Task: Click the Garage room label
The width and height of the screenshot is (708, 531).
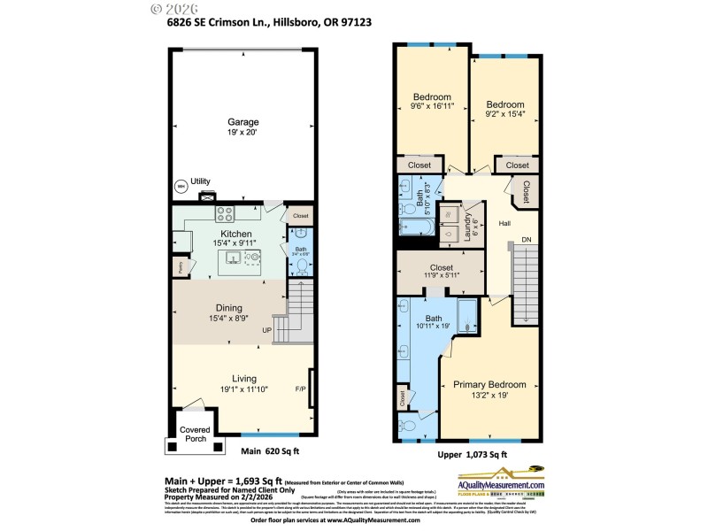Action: [242, 122]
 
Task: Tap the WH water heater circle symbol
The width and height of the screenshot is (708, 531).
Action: [181, 187]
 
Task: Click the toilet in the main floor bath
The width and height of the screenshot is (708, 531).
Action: [300, 265]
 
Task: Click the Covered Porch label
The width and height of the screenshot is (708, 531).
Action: [195, 435]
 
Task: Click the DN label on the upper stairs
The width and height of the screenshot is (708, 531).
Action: [527, 240]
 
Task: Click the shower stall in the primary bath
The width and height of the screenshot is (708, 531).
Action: [467, 314]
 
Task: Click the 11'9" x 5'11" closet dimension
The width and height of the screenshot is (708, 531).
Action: [441, 277]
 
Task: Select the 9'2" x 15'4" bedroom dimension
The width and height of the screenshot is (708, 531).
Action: [504, 113]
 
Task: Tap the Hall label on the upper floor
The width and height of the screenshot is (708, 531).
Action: [504, 223]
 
